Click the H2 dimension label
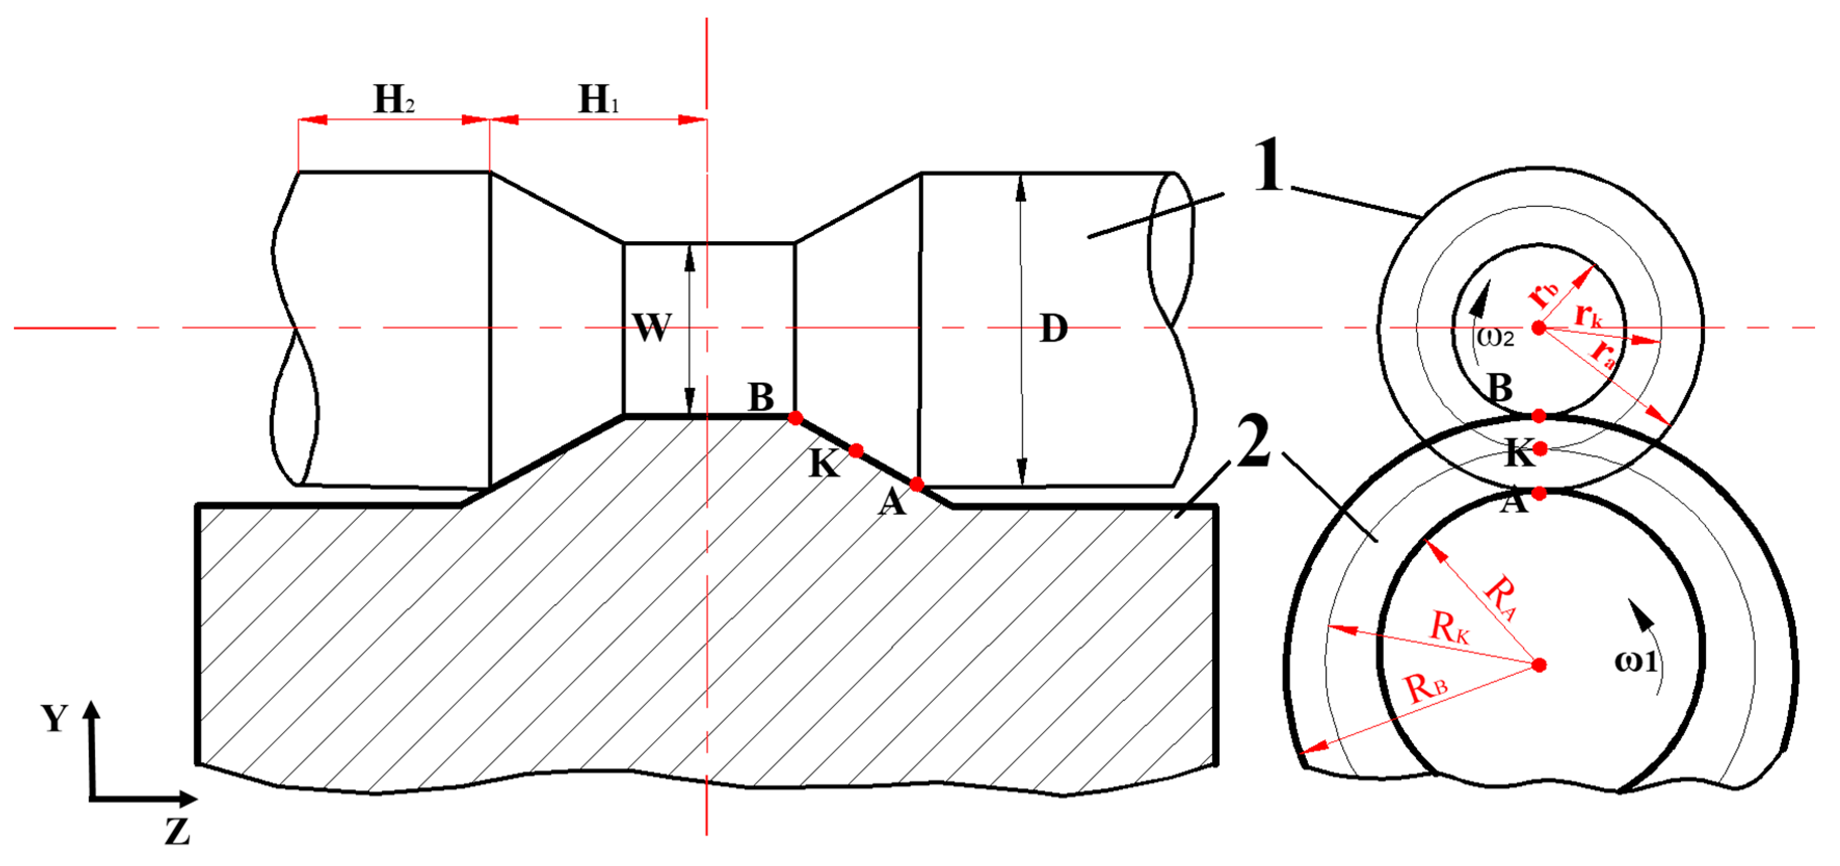393,99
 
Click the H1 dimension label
599,99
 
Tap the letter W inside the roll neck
652,329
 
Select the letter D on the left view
1054,329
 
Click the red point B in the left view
796,418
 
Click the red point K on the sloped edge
856,451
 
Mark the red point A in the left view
917,484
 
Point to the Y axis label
54,717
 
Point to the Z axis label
177,831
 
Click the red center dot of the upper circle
1539,328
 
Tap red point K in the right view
1540,449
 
